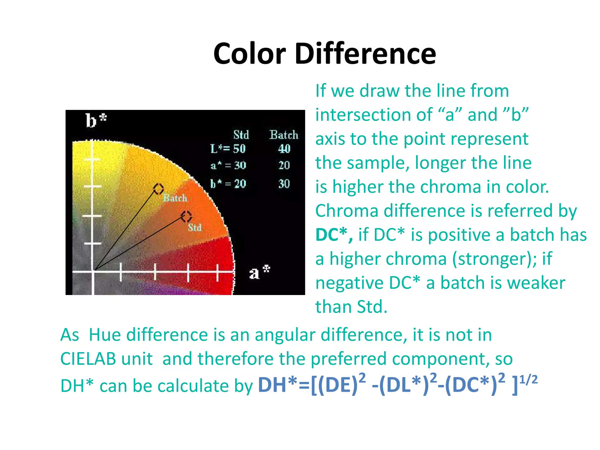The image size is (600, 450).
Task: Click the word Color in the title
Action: click(250, 54)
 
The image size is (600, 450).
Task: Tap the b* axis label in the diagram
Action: click(96, 120)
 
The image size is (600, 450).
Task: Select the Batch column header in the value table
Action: click(284, 135)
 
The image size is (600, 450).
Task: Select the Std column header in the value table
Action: click(241, 135)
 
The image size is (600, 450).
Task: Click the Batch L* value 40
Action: click(284, 149)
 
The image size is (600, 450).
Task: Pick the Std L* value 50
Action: click(239, 149)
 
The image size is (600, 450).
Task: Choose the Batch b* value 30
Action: click(284, 184)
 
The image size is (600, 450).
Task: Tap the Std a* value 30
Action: click(240, 166)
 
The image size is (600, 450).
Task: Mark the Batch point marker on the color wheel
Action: click(158, 189)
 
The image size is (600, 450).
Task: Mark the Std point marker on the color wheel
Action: click(186, 217)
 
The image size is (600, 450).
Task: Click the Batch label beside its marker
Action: click(175, 198)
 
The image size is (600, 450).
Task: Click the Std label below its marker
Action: click(195, 228)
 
